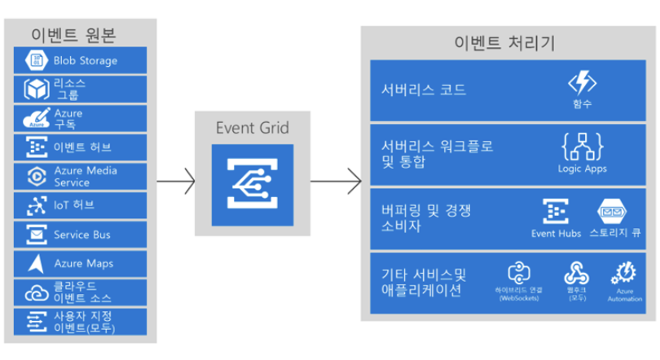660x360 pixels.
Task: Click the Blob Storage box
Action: pyautogui.click(x=80, y=59)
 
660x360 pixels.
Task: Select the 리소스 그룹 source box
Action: pyautogui.click(x=80, y=88)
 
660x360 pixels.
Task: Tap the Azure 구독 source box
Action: pyautogui.click(x=80, y=118)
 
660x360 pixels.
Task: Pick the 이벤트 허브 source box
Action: pyautogui.click(x=80, y=147)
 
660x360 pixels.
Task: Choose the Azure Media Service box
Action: pyautogui.click(x=80, y=176)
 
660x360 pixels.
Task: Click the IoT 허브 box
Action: pyautogui.click(x=80, y=205)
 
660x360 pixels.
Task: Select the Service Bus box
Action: pyautogui.click(x=80, y=235)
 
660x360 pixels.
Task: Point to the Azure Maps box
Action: pyautogui.click(x=80, y=264)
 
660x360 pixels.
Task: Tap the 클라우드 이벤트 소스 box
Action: pyautogui.click(x=80, y=292)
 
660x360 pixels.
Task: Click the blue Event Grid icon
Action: pyautogui.click(x=251, y=185)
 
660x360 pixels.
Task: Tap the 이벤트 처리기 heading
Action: pyautogui.click(x=504, y=42)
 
